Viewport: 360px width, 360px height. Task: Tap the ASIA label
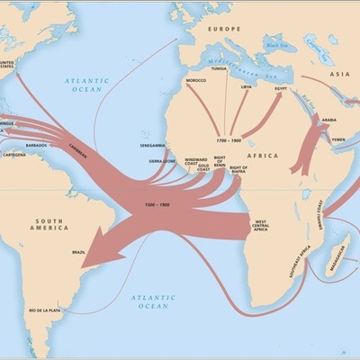pyautogui.click(x=340, y=75)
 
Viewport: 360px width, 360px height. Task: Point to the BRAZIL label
pyautogui.click(x=78, y=252)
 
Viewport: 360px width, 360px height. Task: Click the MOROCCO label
pyautogui.click(x=195, y=80)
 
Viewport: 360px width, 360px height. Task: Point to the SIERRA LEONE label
pyautogui.click(x=163, y=161)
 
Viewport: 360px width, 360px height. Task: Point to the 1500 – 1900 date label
pyautogui.click(x=157, y=205)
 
